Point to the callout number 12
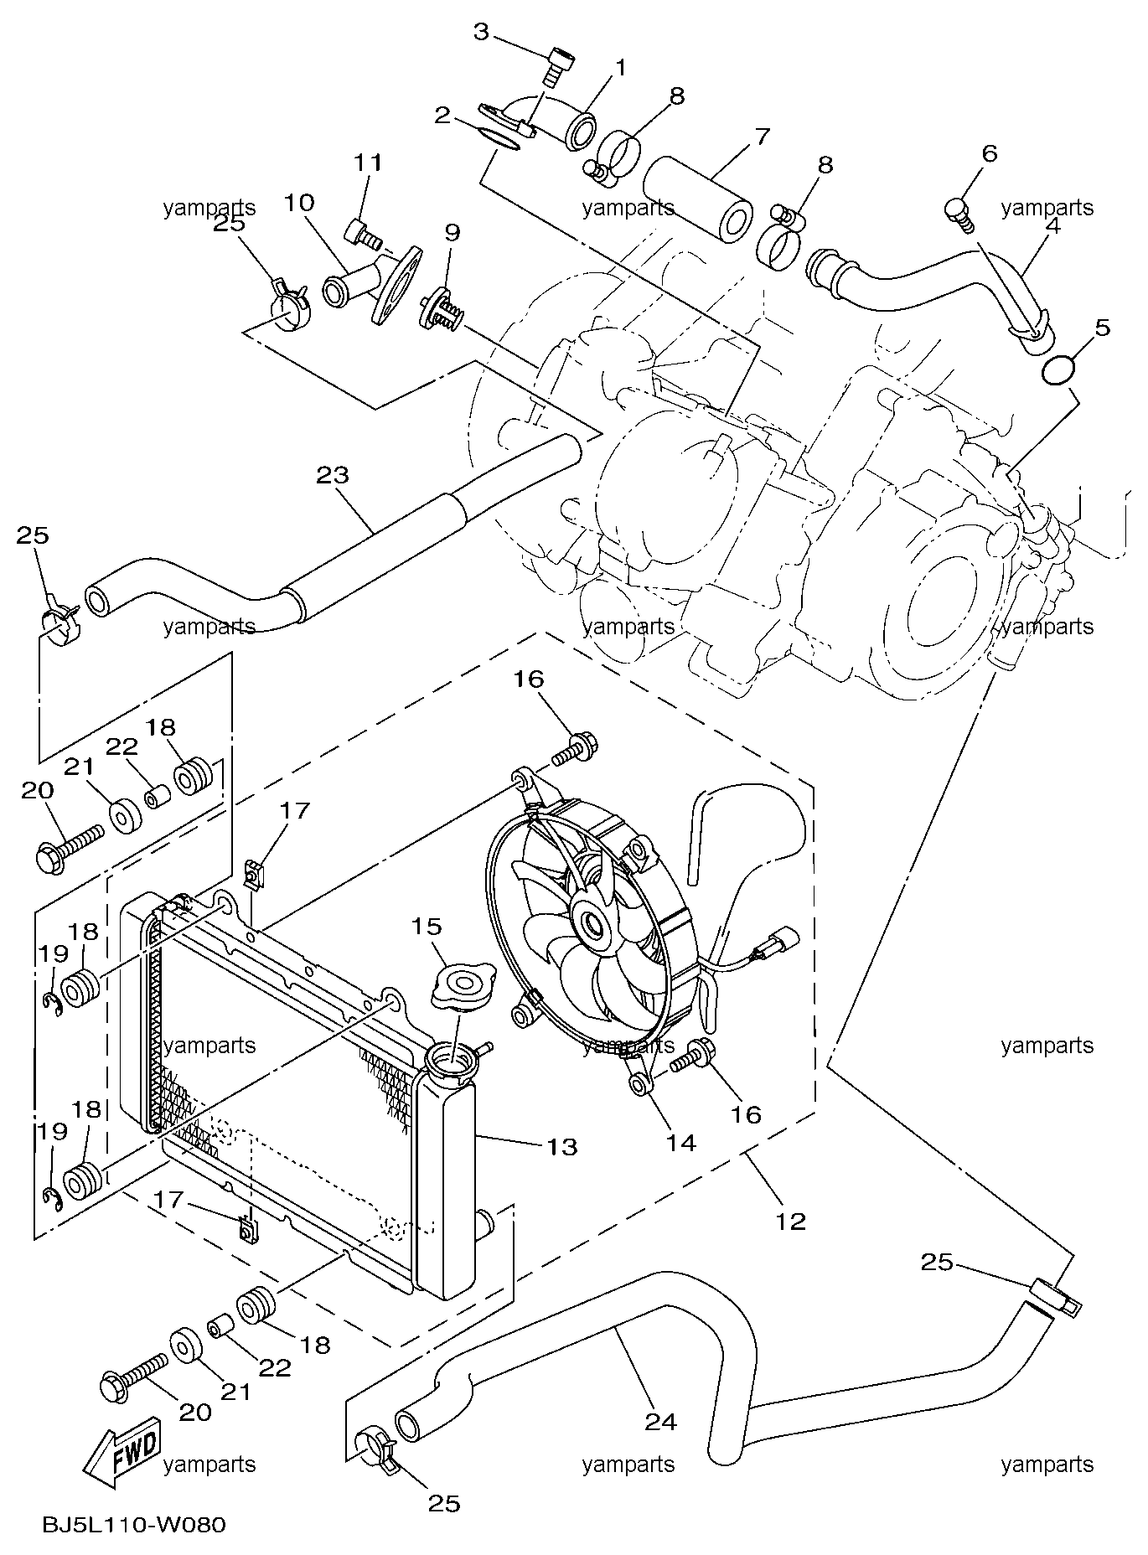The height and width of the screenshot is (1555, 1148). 790,1221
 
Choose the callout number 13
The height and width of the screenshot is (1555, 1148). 563,1146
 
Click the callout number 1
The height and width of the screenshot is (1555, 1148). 621,67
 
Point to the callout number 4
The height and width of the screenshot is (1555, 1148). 1052,225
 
